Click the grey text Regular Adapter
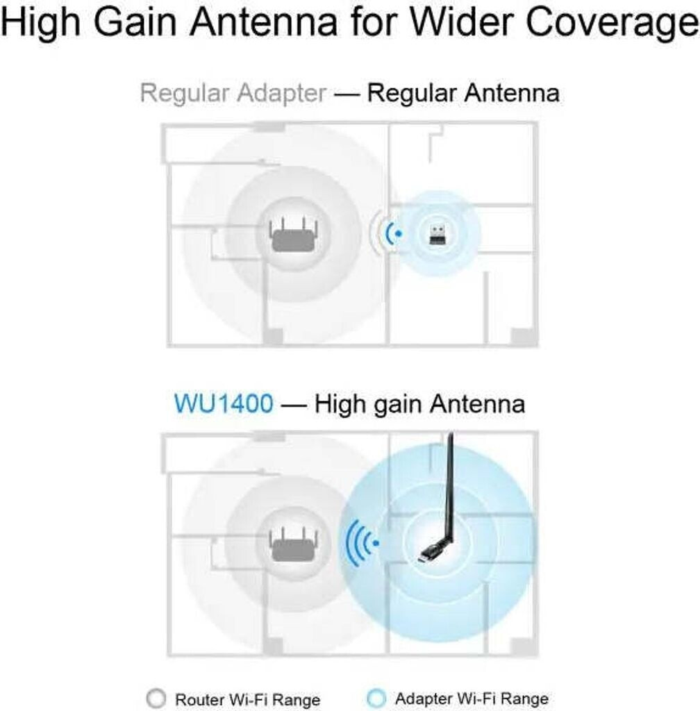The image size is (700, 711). tap(233, 92)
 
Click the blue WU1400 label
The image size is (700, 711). tap(224, 403)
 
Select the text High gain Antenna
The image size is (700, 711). tap(419, 403)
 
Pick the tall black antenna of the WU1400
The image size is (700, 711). tap(448, 486)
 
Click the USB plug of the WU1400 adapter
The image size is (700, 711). tap(426, 555)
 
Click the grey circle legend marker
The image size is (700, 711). tap(158, 699)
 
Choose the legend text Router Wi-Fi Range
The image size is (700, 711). tap(247, 699)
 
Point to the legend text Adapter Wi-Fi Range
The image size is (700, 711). tap(472, 699)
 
